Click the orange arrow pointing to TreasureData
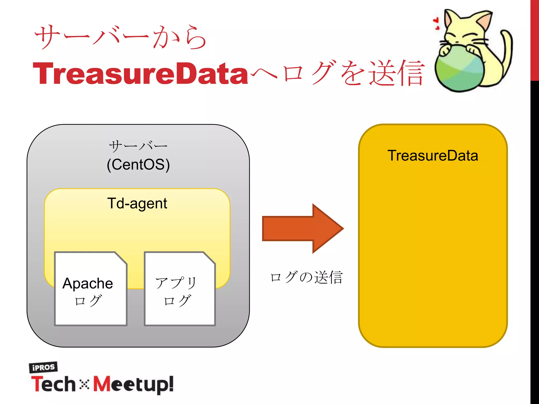click(300, 228)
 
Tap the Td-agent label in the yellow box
click(137, 204)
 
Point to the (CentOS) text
click(138, 165)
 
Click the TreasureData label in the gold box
click(433, 155)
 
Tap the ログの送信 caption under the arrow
click(306, 277)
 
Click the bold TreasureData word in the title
click(140, 74)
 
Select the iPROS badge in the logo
click(43, 367)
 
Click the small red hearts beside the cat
click(436, 23)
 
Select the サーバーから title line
click(121, 37)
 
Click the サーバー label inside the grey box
click(138, 146)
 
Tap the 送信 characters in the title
click(396, 73)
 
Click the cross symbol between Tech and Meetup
click(84, 385)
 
